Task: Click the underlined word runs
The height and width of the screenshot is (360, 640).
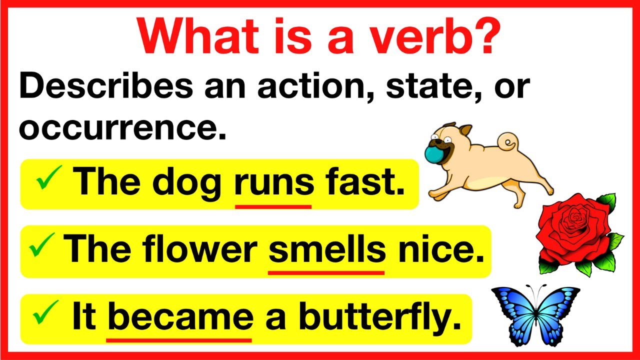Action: pos(273,183)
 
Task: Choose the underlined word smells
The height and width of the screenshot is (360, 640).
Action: pos(327,249)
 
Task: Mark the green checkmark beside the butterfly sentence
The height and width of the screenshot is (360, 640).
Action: pos(46,315)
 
